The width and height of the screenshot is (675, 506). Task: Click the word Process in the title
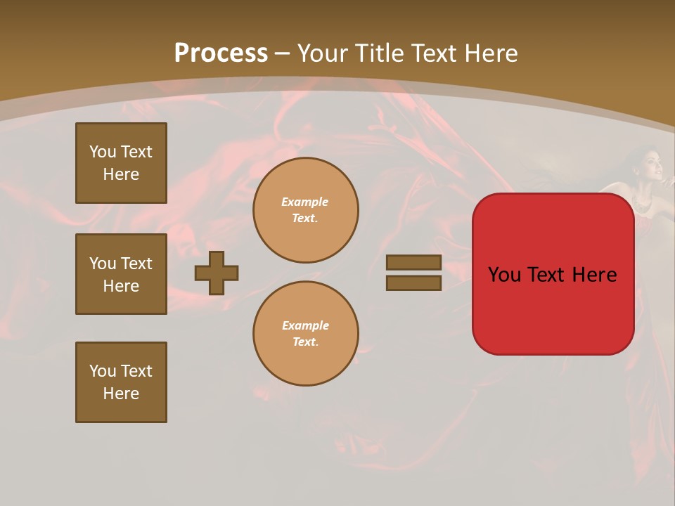click(x=221, y=53)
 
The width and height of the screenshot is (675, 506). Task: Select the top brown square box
click(x=121, y=163)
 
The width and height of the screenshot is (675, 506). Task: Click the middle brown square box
click(x=121, y=274)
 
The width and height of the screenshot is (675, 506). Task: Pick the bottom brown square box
click(x=121, y=382)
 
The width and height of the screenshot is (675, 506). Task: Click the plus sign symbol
click(x=217, y=273)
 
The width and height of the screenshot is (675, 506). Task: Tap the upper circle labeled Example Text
click(x=305, y=209)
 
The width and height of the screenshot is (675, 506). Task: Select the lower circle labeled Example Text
click(x=305, y=333)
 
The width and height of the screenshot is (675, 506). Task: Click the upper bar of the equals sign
click(x=413, y=262)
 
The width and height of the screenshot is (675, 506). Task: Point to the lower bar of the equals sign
click(x=413, y=283)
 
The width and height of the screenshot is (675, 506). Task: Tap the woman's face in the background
click(x=650, y=169)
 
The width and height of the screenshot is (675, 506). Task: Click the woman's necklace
click(x=643, y=204)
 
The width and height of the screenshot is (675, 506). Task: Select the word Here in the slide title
click(x=490, y=53)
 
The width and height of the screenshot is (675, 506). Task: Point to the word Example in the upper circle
click(x=305, y=202)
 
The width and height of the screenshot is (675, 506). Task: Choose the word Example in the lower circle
click(x=305, y=325)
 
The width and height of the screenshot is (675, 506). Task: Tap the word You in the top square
click(x=102, y=152)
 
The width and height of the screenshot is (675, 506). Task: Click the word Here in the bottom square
click(x=121, y=394)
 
